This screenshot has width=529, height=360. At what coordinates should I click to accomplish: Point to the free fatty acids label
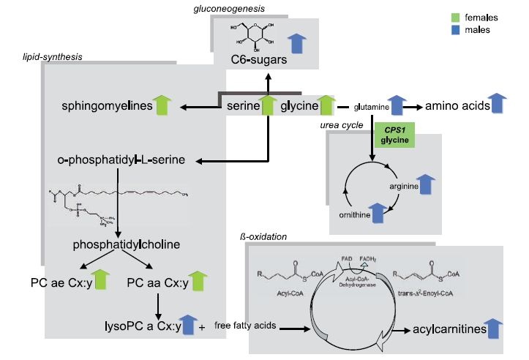[246, 326]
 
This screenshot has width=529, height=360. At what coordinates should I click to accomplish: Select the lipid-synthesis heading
[53, 56]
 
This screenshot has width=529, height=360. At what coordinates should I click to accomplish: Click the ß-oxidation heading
[263, 237]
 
